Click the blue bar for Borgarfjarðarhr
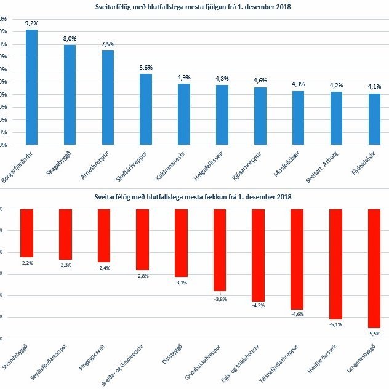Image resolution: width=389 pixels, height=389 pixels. tap(31, 87)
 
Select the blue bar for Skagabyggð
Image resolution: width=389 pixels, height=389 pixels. tap(70, 95)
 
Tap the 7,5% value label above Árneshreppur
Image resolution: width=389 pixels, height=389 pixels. tap(108, 44)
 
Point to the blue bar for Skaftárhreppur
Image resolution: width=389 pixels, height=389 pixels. tap(146, 110)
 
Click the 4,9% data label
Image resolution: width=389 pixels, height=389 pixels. tap(184, 78)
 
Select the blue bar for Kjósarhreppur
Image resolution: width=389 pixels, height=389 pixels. tap(260, 116)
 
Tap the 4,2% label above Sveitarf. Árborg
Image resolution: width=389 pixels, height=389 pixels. tap(336, 86)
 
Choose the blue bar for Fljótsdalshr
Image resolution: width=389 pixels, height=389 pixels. tap(374, 119)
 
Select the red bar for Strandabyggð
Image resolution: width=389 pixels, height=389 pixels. tap(26, 233)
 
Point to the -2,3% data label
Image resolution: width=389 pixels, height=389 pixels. tap(65, 265)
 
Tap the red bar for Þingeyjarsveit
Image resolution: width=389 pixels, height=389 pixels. tap(104, 235)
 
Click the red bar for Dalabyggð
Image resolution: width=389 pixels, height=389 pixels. tap(181, 243)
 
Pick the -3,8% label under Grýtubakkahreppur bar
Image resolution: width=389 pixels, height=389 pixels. tap(220, 299)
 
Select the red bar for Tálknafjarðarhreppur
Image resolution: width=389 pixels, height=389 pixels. tap(297, 259)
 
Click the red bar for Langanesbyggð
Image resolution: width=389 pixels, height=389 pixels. tap(374, 268)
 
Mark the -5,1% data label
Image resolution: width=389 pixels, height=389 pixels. tap(335, 324)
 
